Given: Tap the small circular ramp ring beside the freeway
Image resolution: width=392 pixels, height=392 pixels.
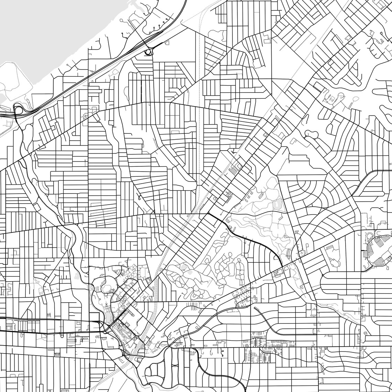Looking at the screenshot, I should (x=149, y=52).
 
